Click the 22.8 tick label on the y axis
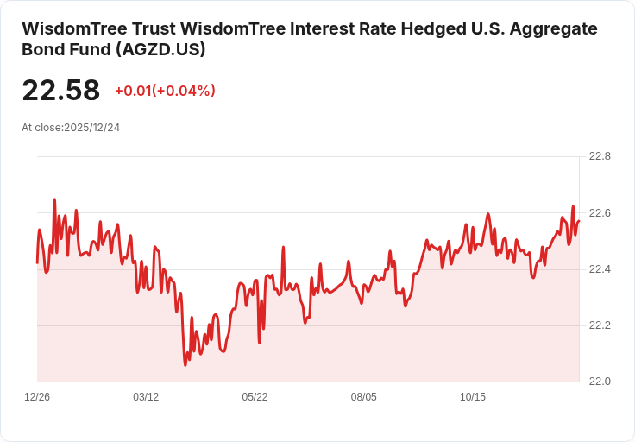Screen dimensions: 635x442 (600, 156)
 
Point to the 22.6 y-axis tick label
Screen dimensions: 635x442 (600, 213)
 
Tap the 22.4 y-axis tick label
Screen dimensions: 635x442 (600, 269)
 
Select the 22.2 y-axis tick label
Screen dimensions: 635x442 (600, 325)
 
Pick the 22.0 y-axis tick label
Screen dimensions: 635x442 (600, 382)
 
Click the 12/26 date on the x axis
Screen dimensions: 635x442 (37, 397)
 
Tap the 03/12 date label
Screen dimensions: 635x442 (146, 397)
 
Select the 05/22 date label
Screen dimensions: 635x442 (255, 397)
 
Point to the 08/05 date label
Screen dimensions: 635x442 (364, 397)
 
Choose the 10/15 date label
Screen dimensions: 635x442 (473, 397)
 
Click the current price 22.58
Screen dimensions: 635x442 (60, 90)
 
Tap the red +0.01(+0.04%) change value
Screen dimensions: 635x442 (166, 91)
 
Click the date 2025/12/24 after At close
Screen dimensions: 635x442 (92, 128)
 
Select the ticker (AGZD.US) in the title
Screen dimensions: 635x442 (160, 49)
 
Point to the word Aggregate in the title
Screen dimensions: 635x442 (553, 29)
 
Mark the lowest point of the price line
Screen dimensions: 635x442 (185, 365)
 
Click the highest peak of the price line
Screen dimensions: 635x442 (54, 199)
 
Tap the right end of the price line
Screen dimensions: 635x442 (579, 221)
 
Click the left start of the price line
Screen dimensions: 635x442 (37, 263)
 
